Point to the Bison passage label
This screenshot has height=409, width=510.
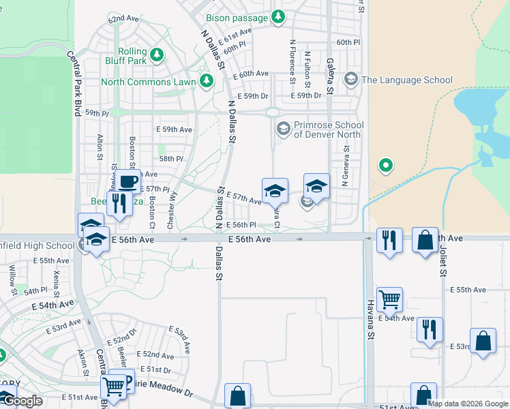pos(237,18)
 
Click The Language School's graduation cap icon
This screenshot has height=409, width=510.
pos(351,80)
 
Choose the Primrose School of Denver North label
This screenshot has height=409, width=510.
pos(329,130)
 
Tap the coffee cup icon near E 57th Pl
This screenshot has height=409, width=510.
pos(127,181)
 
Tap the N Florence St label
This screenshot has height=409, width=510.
pos(292,61)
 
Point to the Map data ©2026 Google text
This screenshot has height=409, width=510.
pos(467,403)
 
